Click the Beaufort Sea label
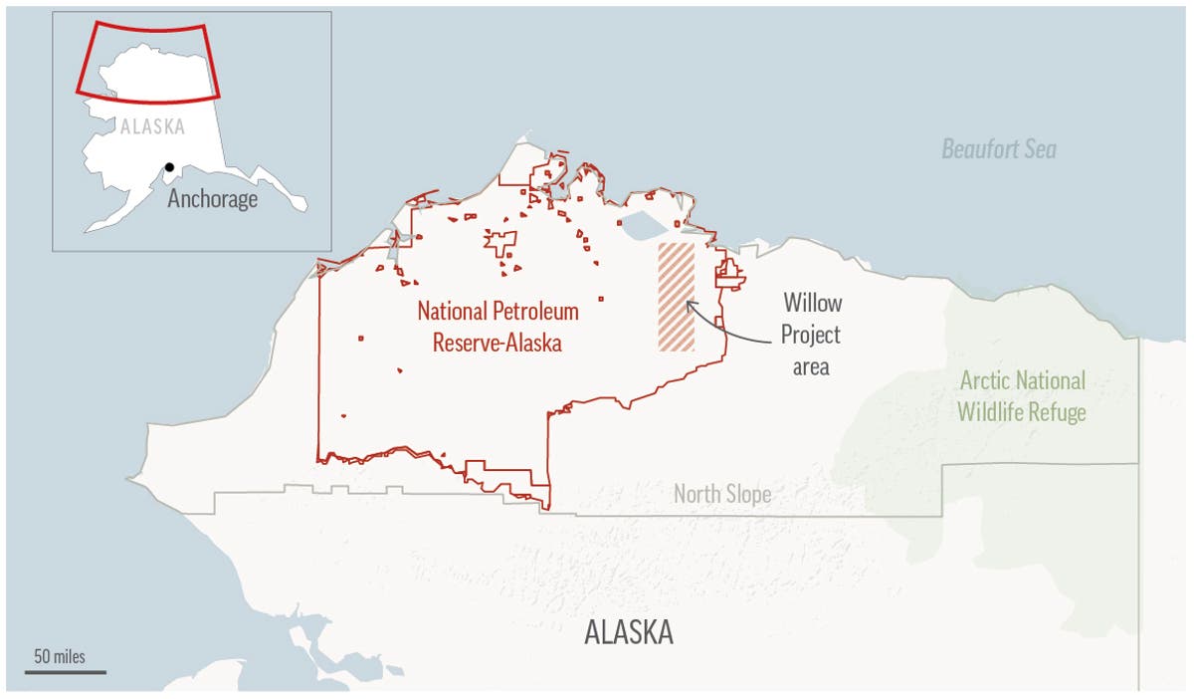coord(999,150)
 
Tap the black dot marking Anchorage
coord(170,167)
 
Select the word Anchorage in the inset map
coord(212,198)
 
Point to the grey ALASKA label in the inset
coord(152,127)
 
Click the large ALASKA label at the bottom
coord(628,632)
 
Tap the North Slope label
coord(721,494)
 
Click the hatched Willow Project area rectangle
coord(676,297)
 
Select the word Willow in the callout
coord(811,302)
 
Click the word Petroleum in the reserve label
coord(535,312)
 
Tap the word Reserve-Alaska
coord(497,344)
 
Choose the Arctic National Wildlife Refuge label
coord(1022,396)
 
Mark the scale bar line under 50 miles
coord(65,672)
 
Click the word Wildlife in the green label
coord(995,412)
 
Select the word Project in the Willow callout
coord(811,335)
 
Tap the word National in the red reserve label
coord(453,312)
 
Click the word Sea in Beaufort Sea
coord(1041,150)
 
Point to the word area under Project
coord(810,367)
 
